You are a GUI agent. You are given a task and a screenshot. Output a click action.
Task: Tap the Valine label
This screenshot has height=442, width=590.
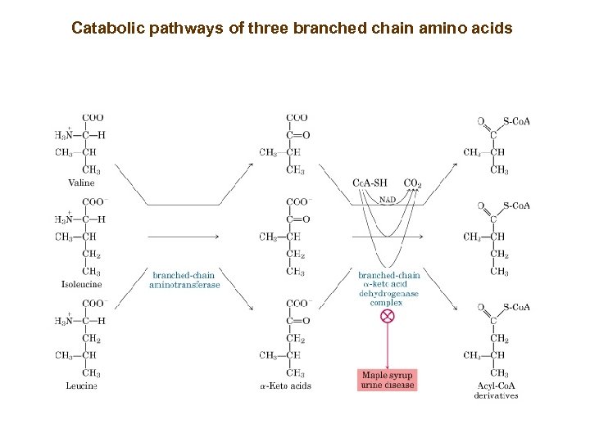[81, 183]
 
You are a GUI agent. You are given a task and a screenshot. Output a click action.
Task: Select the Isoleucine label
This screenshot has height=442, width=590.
[82, 285]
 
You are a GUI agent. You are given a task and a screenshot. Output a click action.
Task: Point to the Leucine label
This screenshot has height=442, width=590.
[82, 386]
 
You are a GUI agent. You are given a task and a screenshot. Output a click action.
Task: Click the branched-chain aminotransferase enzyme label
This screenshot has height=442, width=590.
[184, 280]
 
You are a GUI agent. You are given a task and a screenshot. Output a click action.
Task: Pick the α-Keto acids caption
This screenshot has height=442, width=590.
[285, 386]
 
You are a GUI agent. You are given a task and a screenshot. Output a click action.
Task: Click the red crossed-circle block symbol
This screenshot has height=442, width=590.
[388, 316]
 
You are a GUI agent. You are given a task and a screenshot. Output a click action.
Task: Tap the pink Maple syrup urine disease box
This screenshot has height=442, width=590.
[388, 380]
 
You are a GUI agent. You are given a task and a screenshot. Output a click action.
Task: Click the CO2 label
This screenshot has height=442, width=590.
[412, 183]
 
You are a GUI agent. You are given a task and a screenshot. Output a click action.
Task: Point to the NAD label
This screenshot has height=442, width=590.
[388, 198]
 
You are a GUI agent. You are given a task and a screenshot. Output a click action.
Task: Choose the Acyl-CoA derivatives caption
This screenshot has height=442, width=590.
[497, 390]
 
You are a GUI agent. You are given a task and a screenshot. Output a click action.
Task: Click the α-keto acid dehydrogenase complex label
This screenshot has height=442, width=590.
[388, 289]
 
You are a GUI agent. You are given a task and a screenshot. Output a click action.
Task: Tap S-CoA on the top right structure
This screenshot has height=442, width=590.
[517, 122]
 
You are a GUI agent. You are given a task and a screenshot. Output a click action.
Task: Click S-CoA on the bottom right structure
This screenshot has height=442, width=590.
[517, 307]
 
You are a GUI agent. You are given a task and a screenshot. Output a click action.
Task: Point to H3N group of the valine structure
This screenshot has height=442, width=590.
[65, 135]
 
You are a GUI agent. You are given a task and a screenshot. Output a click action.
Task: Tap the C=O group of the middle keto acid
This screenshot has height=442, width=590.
[297, 219]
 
